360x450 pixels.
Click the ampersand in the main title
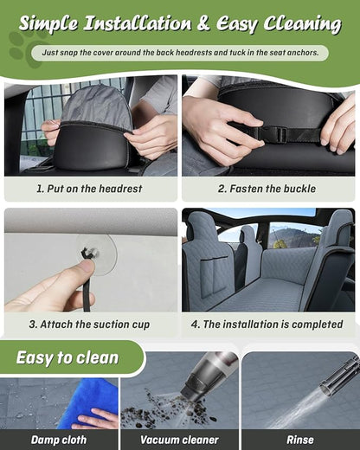(x=203, y=23)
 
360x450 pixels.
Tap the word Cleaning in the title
(x=302, y=23)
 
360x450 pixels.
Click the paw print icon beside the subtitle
(x=24, y=48)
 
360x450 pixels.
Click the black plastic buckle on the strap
(x=273, y=133)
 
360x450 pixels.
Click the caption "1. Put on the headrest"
(x=89, y=189)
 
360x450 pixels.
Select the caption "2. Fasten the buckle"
(x=267, y=189)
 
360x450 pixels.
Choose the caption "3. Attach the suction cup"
(x=89, y=325)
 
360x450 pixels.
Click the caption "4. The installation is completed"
(x=267, y=325)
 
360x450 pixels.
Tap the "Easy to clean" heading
(x=67, y=357)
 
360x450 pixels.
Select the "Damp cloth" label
(x=59, y=440)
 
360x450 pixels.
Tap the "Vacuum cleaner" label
(x=179, y=440)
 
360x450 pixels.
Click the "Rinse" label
(x=300, y=440)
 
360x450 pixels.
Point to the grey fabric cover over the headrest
(x=97, y=106)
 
